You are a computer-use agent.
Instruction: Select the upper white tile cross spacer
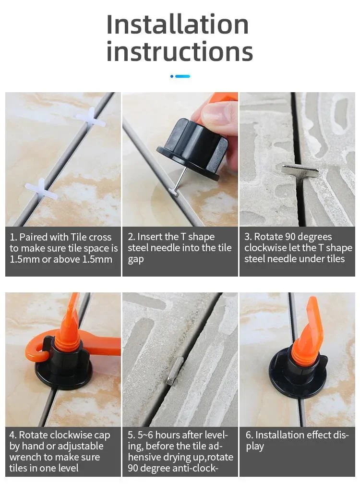(90, 118)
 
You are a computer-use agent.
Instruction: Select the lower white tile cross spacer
(41, 189)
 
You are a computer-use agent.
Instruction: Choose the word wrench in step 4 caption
(25, 457)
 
